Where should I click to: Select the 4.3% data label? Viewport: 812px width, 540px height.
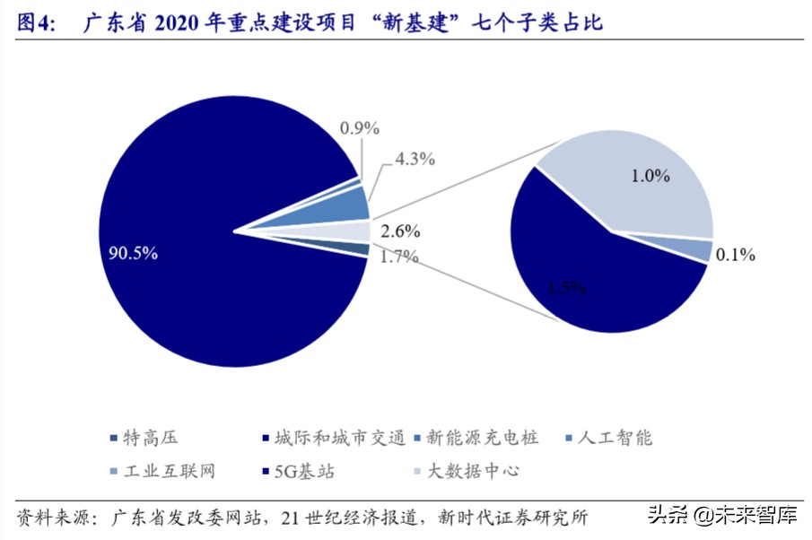[x=415, y=160]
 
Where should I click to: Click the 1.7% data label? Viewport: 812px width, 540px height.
[x=399, y=257]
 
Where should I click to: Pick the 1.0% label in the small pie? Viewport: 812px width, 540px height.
[x=650, y=176]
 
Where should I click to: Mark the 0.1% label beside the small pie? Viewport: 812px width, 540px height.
[x=735, y=255]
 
